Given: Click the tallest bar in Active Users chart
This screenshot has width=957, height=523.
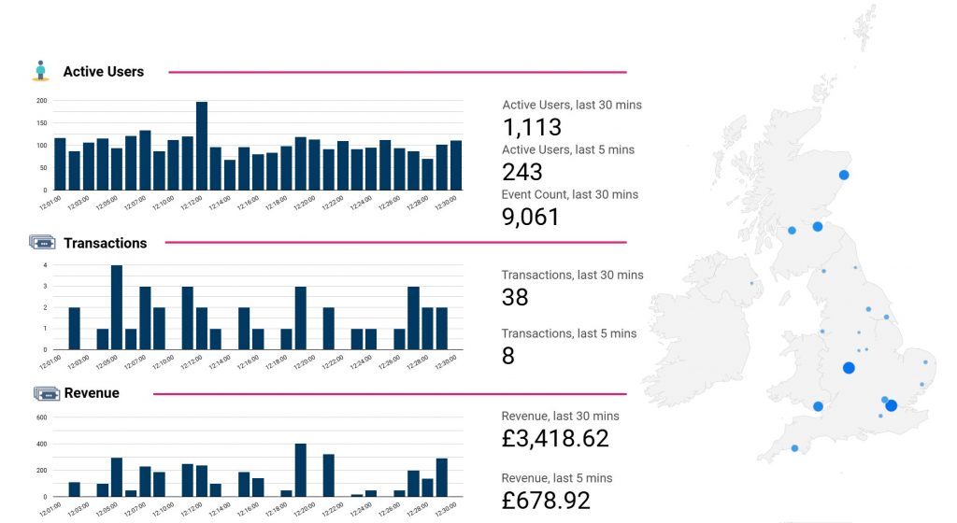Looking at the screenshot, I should pos(202,146).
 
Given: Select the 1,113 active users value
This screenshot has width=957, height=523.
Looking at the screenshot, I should pos(532,128).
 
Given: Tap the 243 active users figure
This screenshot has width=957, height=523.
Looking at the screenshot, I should pos(521,172).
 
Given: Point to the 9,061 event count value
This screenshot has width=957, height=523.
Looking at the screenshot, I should pos(531,217).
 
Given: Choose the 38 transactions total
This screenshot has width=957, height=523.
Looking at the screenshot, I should pos(515,297).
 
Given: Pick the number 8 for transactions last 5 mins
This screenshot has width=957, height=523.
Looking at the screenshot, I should pos(507,356).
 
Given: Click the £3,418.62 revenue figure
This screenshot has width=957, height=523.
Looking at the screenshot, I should pos(555,438).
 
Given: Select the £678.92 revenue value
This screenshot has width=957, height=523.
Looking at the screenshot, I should pos(546,500).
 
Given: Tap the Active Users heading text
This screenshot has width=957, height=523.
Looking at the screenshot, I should pos(103,72).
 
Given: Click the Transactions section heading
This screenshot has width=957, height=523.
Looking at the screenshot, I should pos(105,243).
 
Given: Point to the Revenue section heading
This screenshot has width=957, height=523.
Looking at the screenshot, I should pos(92,393).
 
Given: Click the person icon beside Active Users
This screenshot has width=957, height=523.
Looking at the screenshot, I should pos(39,71).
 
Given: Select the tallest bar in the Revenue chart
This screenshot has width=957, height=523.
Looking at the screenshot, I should pos(301,470).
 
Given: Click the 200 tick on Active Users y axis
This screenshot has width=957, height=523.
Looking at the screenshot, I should pos(41,101).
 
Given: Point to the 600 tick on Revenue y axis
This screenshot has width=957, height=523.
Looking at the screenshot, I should pos(41,417).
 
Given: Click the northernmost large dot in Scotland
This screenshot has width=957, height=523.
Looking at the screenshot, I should pos(844,175).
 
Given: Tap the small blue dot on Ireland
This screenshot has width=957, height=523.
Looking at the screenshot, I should pos(751,283).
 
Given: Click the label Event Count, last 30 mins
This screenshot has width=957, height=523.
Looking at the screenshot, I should pos(569,194).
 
